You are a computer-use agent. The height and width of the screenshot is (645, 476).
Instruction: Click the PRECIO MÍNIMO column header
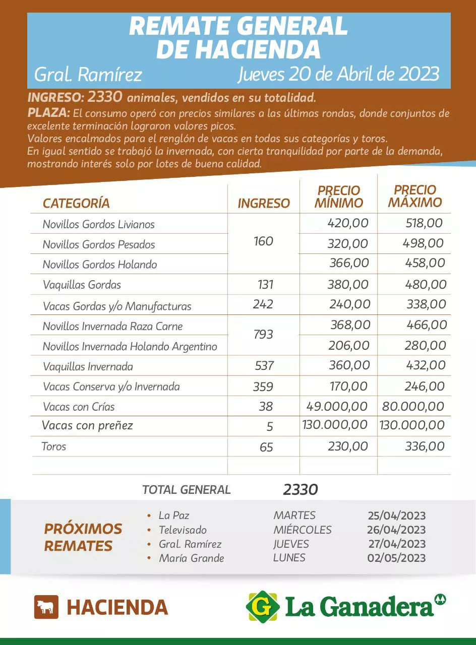(x=338, y=197)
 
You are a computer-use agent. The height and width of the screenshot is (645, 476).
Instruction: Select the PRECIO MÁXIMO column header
(x=415, y=196)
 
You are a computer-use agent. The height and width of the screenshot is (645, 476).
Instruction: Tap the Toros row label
(x=54, y=446)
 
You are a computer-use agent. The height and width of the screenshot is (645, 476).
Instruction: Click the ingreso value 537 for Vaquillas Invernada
(x=264, y=366)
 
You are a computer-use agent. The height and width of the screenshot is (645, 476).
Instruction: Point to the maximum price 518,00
(x=424, y=223)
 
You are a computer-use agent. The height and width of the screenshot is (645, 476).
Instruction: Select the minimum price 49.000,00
(x=337, y=406)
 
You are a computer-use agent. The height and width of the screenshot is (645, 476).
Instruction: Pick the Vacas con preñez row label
(x=87, y=425)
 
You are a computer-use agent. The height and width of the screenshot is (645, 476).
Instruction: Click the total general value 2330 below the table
(x=301, y=489)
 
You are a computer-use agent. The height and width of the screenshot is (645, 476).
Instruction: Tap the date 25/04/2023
(x=396, y=515)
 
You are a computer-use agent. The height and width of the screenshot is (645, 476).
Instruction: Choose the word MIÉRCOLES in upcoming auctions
(x=303, y=530)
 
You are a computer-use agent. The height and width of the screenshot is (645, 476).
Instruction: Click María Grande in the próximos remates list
(x=191, y=558)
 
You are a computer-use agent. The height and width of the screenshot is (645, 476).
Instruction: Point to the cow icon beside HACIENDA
(x=46, y=607)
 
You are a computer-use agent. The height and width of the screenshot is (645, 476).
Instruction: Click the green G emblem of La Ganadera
(x=262, y=606)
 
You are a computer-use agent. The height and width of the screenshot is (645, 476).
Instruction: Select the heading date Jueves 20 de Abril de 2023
(x=338, y=74)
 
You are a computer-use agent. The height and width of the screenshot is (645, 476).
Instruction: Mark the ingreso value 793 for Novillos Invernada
(x=263, y=334)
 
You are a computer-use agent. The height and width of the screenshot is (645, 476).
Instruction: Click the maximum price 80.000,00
(x=413, y=406)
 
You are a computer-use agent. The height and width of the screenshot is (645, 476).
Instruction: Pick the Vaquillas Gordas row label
(x=82, y=285)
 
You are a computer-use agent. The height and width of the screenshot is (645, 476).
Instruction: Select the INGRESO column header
(x=264, y=203)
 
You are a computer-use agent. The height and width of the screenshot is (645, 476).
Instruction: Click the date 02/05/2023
(x=396, y=558)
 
